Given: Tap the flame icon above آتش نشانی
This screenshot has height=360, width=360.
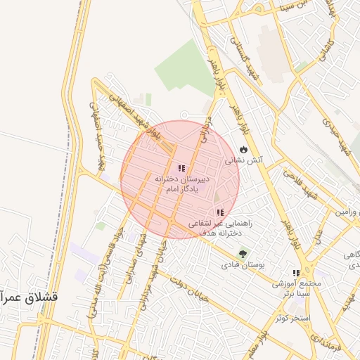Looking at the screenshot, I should (243, 150).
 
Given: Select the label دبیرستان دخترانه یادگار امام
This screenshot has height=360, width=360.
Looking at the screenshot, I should (182, 184).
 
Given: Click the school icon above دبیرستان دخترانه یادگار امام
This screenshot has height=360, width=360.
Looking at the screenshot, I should (182, 168).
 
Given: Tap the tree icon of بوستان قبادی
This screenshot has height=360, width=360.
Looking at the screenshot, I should (243, 254).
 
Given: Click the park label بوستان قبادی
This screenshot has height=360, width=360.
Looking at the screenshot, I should (243, 266).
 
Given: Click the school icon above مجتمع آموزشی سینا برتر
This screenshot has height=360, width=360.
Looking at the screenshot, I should (296, 273).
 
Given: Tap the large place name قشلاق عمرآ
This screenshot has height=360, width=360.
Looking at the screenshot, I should (28, 297).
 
